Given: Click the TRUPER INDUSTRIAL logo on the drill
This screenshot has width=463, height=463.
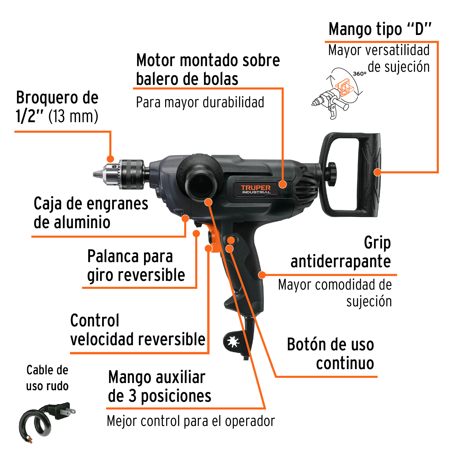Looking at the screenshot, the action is coord(256,189).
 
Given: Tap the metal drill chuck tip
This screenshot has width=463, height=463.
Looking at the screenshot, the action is coord(98,174).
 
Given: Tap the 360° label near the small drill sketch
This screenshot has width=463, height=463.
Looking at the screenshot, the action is coord(360,74).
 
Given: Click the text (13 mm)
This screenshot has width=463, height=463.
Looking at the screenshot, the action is coord(73,116).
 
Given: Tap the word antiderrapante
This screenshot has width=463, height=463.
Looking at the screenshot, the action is coord(341,262).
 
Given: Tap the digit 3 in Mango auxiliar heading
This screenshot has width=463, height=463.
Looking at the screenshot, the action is coord(132,396).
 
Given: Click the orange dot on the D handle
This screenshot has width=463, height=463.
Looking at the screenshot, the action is coord(377,172).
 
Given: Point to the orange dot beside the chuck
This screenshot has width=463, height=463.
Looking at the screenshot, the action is coord(110,159).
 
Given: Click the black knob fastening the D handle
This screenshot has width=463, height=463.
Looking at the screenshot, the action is coord(332,174).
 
